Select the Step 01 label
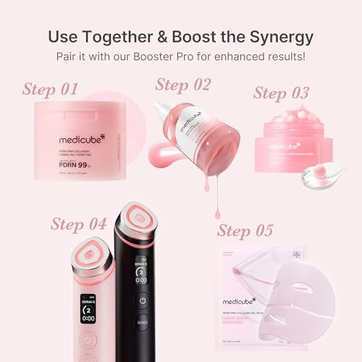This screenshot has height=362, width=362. coord(50,90)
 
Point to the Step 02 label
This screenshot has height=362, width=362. coord(183,85)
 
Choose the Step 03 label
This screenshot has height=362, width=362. coord(281,93)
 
